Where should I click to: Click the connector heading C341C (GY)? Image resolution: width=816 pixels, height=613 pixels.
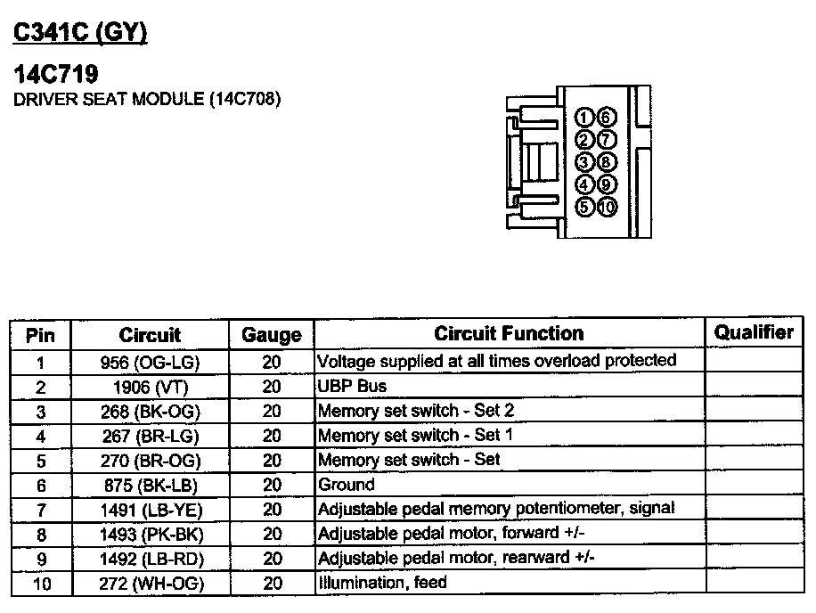(x=79, y=33)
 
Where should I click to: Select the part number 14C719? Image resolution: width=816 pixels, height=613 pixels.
(x=55, y=75)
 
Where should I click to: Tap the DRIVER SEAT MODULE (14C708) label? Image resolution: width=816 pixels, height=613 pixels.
(x=147, y=99)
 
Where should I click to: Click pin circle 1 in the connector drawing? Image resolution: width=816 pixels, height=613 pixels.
(x=584, y=117)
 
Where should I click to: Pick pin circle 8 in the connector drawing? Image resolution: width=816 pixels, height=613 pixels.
(x=606, y=162)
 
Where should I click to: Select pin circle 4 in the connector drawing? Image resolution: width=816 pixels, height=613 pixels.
(x=584, y=184)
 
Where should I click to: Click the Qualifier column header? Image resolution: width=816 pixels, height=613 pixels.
(x=754, y=332)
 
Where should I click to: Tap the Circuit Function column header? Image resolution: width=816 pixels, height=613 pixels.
(x=509, y=333)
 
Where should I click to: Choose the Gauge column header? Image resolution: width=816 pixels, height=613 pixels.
(x=272, y=335)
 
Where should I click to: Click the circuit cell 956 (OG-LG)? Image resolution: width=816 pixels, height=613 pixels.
(x=150, y=363)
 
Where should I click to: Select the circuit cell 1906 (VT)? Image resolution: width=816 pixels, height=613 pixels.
(x=150, y=387)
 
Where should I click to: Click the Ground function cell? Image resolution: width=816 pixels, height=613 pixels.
(x=347, y=485)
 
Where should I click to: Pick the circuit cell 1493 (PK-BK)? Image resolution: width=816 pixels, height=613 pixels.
(x=150, y=534)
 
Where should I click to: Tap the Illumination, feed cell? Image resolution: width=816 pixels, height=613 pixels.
(x=382, y=583)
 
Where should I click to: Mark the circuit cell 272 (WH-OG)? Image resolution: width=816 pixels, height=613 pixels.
(x=150, y=584)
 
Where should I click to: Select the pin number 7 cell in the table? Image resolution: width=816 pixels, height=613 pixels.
(x=40, y=510)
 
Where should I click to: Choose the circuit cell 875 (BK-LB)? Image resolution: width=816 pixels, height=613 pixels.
(x=150, y=486)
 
